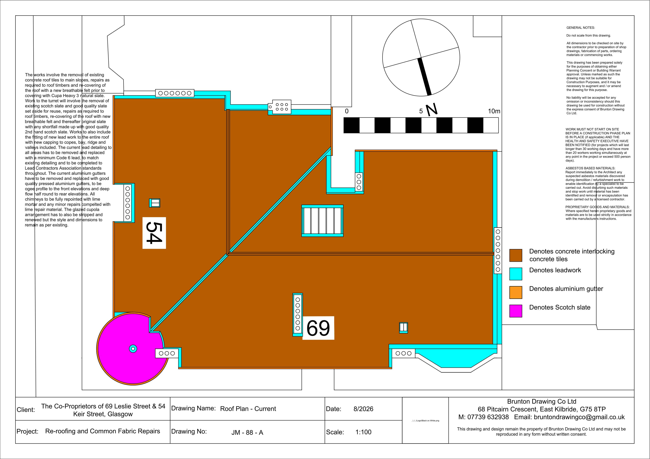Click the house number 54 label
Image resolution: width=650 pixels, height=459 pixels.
154,233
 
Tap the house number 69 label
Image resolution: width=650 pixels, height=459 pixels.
318,328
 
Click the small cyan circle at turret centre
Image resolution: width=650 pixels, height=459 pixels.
133,349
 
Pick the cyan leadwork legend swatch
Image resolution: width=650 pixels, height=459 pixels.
516,274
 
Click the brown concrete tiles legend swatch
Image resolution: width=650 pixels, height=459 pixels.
516,255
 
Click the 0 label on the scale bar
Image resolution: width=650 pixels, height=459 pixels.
347,111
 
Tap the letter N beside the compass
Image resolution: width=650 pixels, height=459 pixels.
431,110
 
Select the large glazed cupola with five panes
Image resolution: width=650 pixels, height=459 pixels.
322,221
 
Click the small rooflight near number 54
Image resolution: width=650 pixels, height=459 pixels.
155,203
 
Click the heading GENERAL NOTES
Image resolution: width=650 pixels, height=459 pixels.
581,28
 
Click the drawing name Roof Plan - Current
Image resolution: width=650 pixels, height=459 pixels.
248,409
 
